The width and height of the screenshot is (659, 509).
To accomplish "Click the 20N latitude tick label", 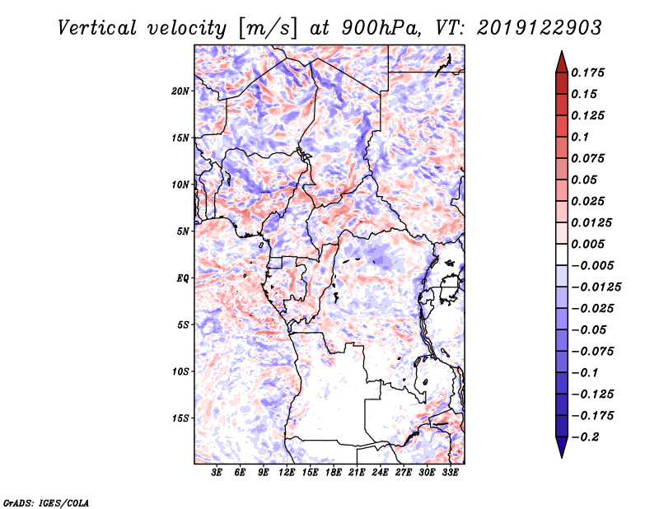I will (180, 91).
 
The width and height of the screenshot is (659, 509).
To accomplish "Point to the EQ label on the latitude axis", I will (183, 278).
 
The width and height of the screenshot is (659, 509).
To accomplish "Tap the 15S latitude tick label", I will (180, 418).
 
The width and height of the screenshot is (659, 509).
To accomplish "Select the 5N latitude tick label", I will (182, 231).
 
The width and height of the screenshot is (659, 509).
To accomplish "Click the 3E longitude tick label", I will (217, 474).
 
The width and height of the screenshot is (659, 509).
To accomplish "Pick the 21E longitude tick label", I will (357, 474).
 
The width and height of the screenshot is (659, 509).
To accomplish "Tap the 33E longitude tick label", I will (450, 474).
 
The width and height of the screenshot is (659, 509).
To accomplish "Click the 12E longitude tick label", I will (287, 474).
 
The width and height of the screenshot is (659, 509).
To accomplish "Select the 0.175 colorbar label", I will (589, 72).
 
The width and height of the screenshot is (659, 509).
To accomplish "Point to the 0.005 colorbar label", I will (589, 244).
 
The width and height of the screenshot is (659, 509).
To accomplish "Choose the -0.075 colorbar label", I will (592, 351).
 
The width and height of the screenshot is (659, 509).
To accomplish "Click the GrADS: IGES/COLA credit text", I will (45, 502).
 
